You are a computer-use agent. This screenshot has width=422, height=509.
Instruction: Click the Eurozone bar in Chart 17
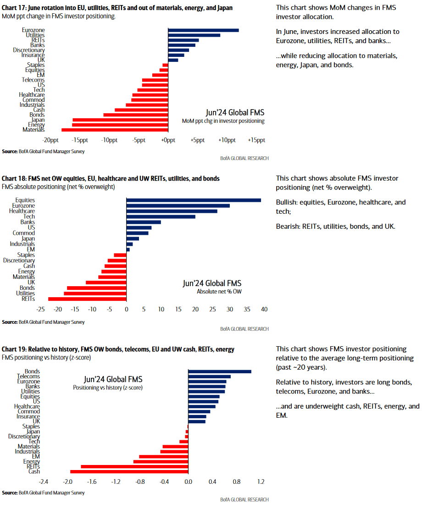coord(203,30)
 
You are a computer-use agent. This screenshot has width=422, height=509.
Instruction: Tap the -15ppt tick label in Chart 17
coord(80,140)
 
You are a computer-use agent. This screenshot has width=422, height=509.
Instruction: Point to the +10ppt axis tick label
coord(226,140)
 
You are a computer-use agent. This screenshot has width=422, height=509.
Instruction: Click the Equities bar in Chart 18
coord(193,200)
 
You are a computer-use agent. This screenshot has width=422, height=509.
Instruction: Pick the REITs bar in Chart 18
coord(87,299)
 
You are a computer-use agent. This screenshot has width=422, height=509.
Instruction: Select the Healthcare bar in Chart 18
coord(172,211)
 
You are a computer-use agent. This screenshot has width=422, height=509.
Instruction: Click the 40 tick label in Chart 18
coord(264,310)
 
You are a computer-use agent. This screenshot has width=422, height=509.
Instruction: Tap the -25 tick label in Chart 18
coord(40,310)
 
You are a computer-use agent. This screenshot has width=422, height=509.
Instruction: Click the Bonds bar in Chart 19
coord(220,371)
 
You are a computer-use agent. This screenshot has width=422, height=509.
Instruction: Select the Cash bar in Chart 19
coord(129,471)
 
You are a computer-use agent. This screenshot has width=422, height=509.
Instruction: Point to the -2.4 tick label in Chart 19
coord(44,482)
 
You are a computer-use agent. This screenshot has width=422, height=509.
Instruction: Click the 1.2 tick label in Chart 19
coord(261,482)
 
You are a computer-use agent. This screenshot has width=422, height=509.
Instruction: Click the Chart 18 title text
coord(111,178)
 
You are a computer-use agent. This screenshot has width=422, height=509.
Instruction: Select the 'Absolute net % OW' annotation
coord(219,292)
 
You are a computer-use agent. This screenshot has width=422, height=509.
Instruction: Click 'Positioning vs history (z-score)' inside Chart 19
coord(108,387)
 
